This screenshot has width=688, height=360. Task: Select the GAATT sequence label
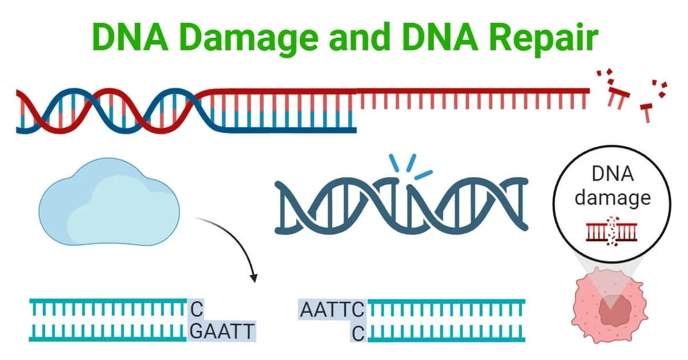(x=222, y=331)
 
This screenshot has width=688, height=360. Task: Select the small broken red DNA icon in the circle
(x=612, y=230)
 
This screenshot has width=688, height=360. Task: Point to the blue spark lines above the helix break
(x=409, y=167)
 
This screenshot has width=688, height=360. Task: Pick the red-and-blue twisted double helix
(x=109, y=111)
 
